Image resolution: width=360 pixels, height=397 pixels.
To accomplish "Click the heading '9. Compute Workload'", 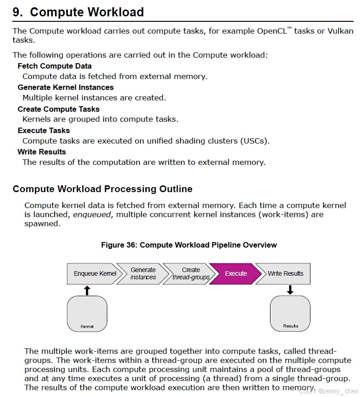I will click(x=78, y=12).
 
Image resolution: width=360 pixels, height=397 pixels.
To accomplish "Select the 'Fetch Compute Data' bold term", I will click(x=55, y=66).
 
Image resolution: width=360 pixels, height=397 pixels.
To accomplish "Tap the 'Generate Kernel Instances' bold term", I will click(x=65, y=87).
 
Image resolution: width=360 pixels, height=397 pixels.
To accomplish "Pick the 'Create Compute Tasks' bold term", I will click(x=58, y=109).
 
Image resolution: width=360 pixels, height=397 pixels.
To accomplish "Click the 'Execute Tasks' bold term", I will click(x=44, y=130).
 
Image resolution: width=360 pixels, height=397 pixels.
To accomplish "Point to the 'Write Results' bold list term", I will click(x=42, y=152).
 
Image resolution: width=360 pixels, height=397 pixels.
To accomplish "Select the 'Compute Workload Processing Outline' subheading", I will click(x=102, y=189).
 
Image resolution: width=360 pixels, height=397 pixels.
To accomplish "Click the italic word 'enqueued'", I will click(x=92, y=214).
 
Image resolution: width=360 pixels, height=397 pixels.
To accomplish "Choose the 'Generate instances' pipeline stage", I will click(x=143, y=273).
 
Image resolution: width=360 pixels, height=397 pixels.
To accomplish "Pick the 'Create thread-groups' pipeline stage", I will click(x=190, y=273).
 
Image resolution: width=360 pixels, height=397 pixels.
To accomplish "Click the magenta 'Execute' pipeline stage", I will click(x=236, y=273).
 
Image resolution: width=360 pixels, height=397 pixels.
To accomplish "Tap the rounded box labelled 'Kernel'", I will click(x=87, y=313).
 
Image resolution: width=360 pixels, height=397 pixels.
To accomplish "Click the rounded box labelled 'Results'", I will click(x=290, y=313).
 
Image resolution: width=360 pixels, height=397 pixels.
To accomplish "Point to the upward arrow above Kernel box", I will click(x=87, y=290).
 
